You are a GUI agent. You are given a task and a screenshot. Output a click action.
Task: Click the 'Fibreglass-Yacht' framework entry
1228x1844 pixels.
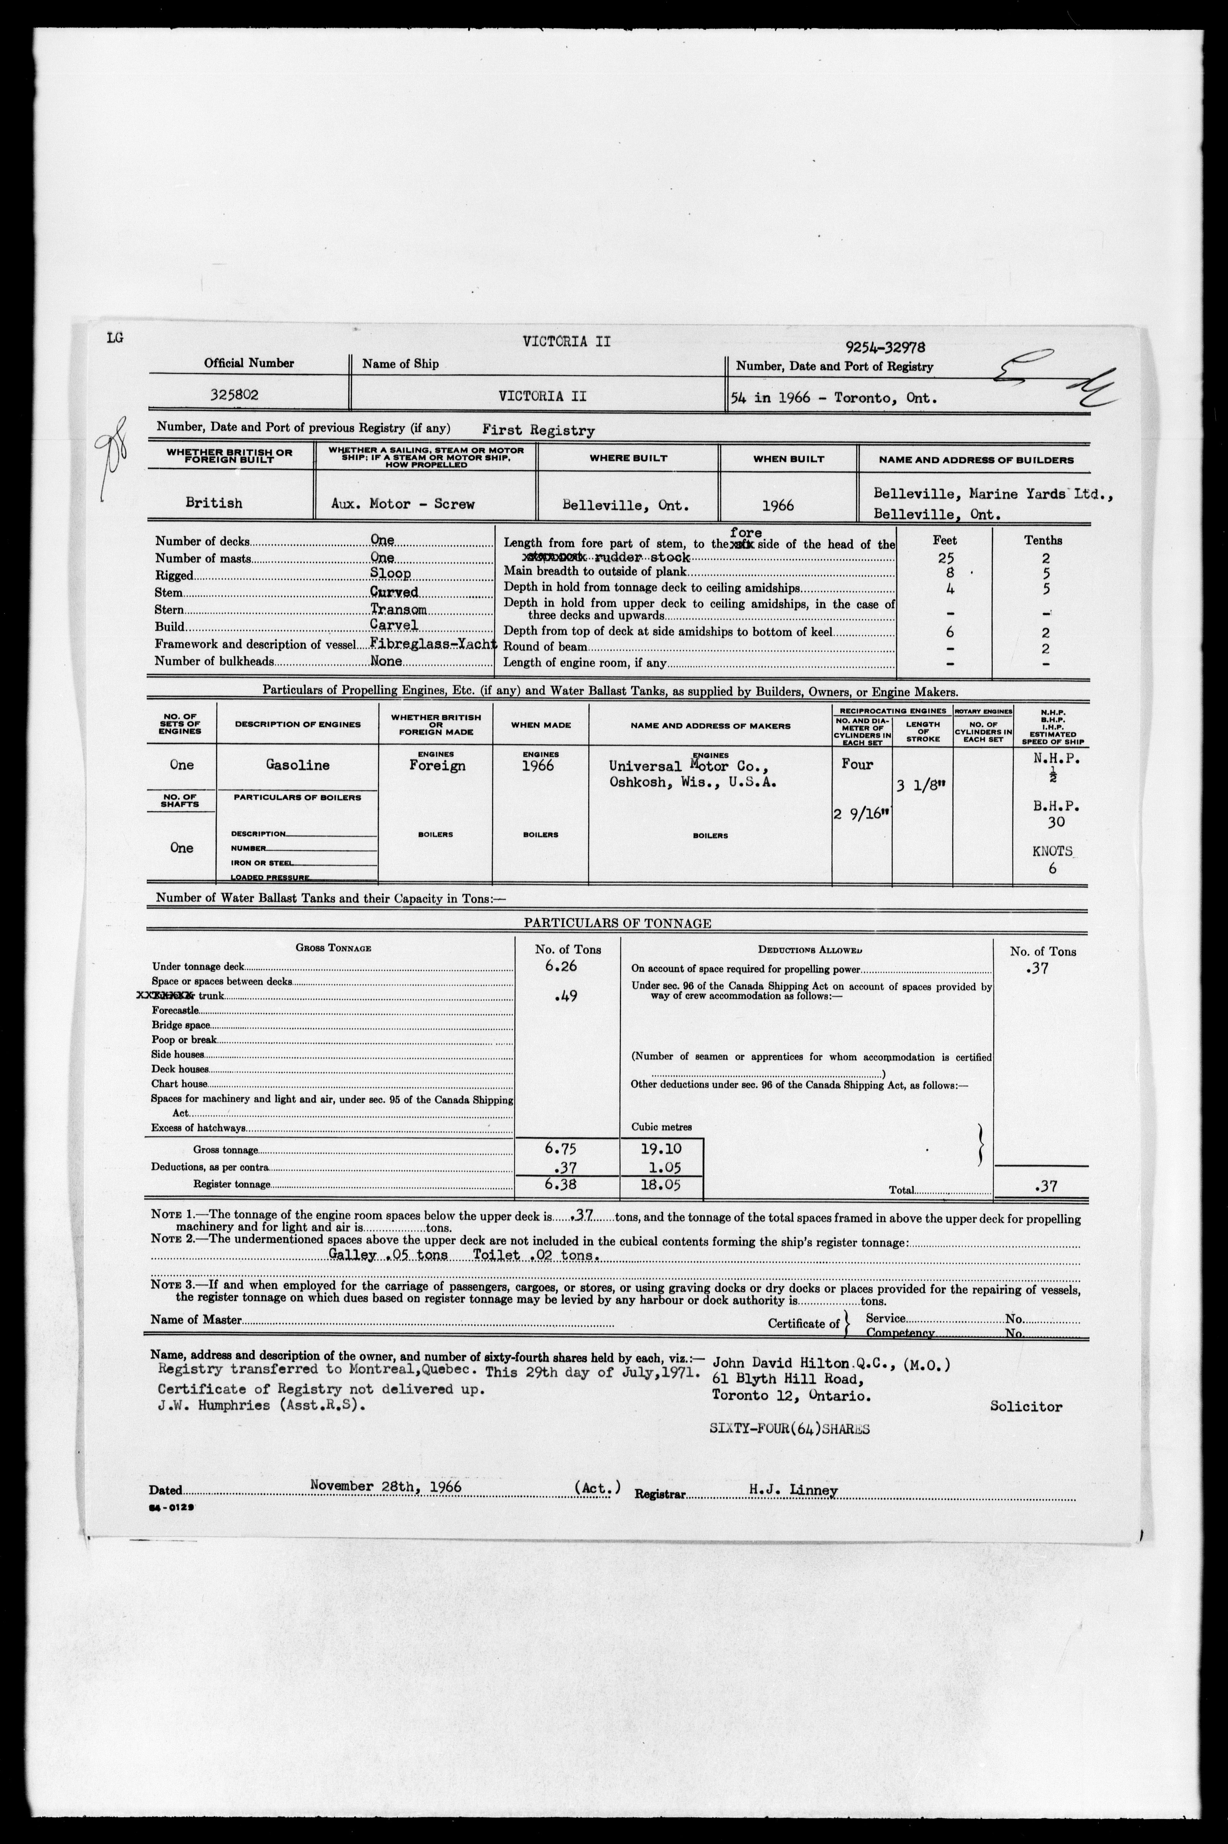point(434,644)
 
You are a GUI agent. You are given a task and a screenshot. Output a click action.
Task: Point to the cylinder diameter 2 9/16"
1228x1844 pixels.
point(862,816)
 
